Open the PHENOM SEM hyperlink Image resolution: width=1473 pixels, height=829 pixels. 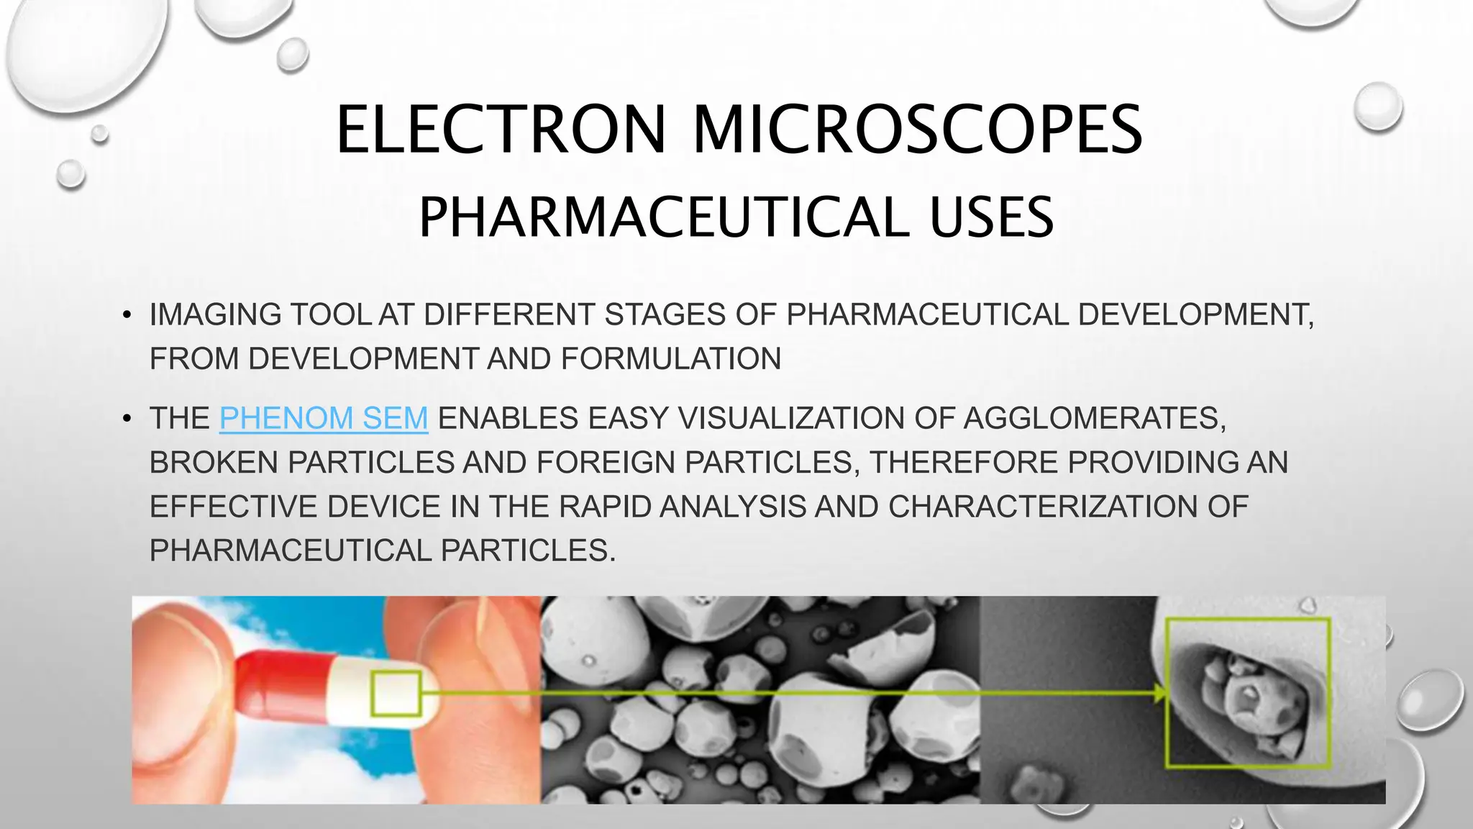[324, 418]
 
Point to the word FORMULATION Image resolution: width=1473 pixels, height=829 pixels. [670, 359]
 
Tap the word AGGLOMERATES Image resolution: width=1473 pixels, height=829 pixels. [1094, 418]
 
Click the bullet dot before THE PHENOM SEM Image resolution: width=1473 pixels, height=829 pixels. [127, 418]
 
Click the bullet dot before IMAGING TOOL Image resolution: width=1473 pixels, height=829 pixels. [127, 315]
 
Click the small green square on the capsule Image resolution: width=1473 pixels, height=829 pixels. [396, 694]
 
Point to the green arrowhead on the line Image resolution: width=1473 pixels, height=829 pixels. [1159, 694]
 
